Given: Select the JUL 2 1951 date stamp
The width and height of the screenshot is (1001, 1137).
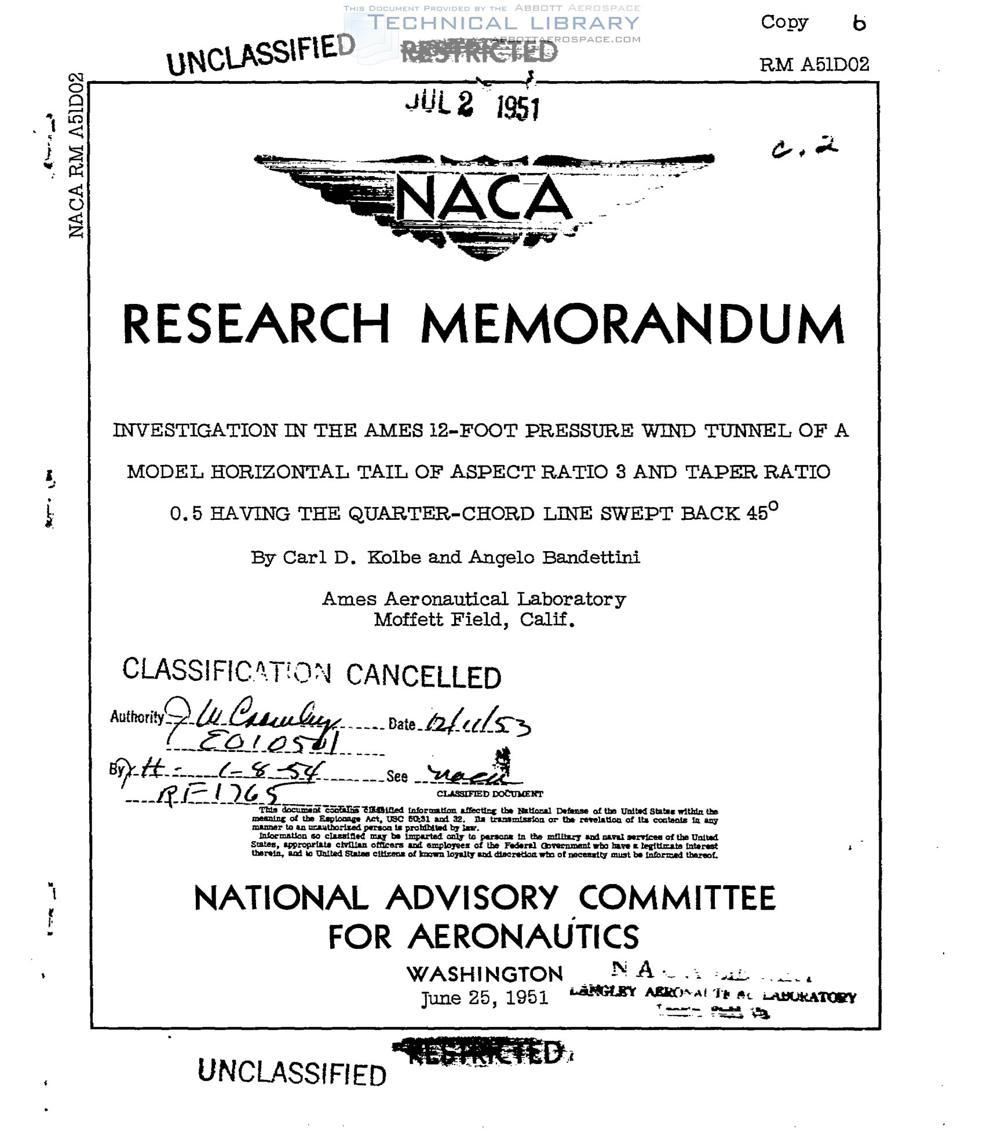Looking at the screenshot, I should pos(472,105).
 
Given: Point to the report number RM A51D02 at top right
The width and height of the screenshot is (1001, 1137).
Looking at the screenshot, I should pos(814,65).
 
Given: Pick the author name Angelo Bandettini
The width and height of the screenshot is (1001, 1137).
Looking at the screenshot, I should pos(554,558).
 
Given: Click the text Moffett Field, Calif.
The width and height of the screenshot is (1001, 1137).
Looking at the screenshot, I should pos(474,620).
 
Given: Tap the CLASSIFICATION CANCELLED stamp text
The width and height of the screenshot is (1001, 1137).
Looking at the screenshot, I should pos(312,673).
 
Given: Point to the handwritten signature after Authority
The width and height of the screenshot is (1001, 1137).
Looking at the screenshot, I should pos(252,717).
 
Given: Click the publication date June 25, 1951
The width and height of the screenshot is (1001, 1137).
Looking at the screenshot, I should pos(484,998).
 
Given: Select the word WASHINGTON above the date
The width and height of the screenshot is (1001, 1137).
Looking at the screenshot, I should pos(484,974).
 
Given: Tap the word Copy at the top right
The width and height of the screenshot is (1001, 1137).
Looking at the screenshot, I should pos(784,23).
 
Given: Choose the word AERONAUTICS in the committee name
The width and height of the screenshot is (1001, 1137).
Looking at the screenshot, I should pos(523,937).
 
